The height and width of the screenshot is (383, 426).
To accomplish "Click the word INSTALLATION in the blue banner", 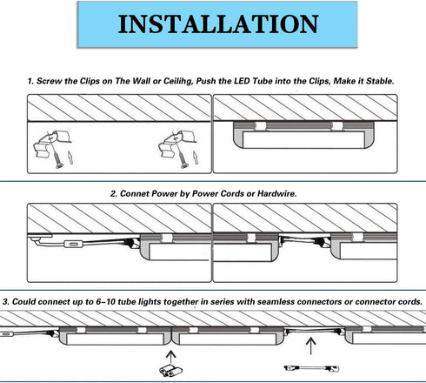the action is pos(218,24).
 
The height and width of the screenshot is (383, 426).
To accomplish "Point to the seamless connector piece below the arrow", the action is pos(170,371).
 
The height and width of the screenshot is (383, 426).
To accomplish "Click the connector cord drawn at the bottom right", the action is pos(311,368).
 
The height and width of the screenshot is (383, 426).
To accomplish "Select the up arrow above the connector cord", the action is pos(311,346).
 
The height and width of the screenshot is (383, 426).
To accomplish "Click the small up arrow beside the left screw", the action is pos(70,158).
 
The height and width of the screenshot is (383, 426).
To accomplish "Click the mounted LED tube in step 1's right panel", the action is pos(303,135).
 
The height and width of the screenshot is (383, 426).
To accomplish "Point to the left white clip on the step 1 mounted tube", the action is pos(260,126).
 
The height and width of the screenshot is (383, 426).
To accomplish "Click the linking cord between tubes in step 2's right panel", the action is pos(304,241).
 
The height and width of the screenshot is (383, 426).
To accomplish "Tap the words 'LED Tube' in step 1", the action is pos(253,81).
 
